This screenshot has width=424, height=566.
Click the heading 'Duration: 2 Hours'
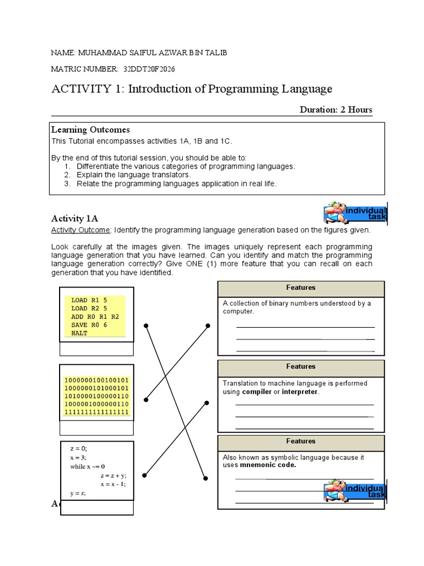tap(336, 109)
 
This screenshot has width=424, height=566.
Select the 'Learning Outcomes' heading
tap(91, 130)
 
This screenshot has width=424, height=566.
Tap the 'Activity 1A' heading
tap(75, 218)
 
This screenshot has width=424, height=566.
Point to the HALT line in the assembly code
tap(79, 333)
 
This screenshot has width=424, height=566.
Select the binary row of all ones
tap(97, 412)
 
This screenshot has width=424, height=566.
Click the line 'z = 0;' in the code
tap(78, 449)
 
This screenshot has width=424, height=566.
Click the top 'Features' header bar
tap(301, 288)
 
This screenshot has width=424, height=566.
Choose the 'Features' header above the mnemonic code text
tap(301, 442)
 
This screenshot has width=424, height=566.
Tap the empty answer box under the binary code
tap(96, 428)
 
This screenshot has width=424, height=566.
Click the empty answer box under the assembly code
tap(96, 349)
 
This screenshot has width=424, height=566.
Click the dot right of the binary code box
tap(146, 399)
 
